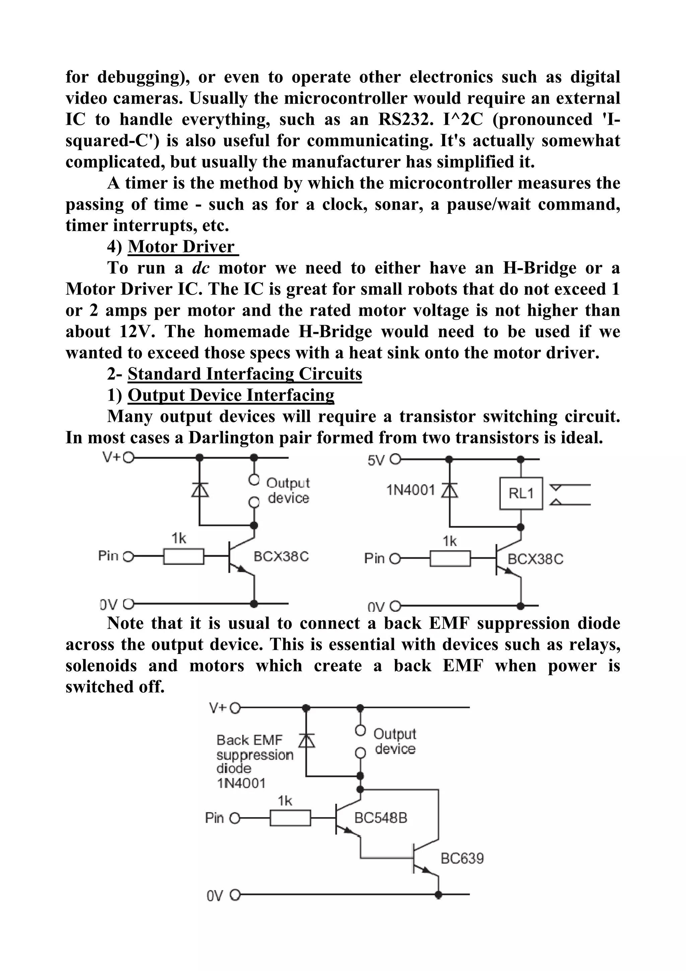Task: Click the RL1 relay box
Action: pyautogui.click(x=521, y=493)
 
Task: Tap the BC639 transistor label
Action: pyautogui.click(x=462, y=858)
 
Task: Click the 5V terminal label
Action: pyautogui.click(x=376, y=460)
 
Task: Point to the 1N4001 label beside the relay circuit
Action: pyautogui.click(x=410, y=490)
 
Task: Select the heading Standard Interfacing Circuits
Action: pyautogui.click(x=245, y=374)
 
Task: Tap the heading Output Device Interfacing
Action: pyautogui.click(x=231, y=395)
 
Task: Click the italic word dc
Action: pyautogui.click(x=201, y=268)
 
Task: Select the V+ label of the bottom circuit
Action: pyautogui.click(x=218, y=708)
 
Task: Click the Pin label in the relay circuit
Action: pyautogui.click(x=374, y=558)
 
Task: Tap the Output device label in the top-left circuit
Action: pyautogui.click(x=288, y=491)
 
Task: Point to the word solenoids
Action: pyautogui.click(x=101, y=666)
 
